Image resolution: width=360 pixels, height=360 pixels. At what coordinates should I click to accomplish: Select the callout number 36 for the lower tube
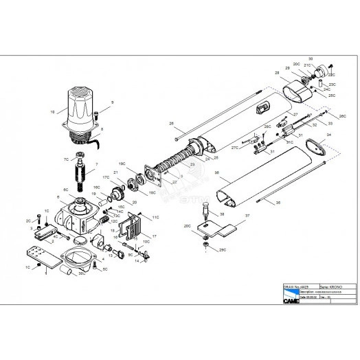216,172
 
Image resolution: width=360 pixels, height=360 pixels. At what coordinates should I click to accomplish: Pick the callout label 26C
342,116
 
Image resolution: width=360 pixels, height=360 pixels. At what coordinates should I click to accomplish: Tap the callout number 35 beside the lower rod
278,203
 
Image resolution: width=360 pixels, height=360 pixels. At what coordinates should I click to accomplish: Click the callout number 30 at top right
310,58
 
